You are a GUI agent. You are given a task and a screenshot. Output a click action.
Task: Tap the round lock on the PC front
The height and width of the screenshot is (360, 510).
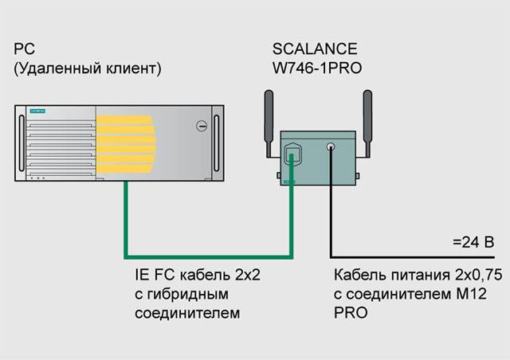tap(203, 125)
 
